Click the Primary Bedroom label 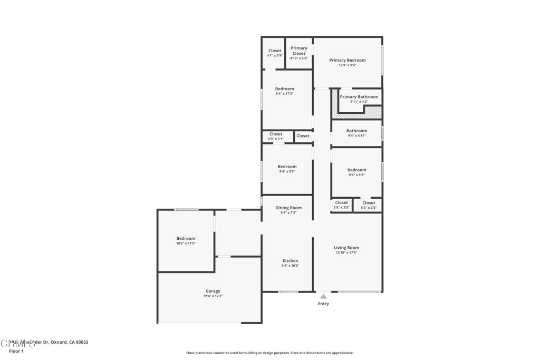click(347, 60)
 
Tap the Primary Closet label click(298, 51)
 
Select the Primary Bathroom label click(359, 97)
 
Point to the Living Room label click(346, 248)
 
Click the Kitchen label click(290, 261)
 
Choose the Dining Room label click(288, 208)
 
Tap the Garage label click(213, 291)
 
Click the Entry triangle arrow click(323, 297)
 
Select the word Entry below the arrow click(323, 304)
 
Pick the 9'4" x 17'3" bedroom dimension click(285, 94)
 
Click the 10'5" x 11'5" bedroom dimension click(186, 244)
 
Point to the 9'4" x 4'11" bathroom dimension click(356, 135)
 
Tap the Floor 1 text click(16, 351)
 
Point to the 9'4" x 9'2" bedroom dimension click(356, 175)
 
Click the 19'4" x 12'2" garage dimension click(213, 296)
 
